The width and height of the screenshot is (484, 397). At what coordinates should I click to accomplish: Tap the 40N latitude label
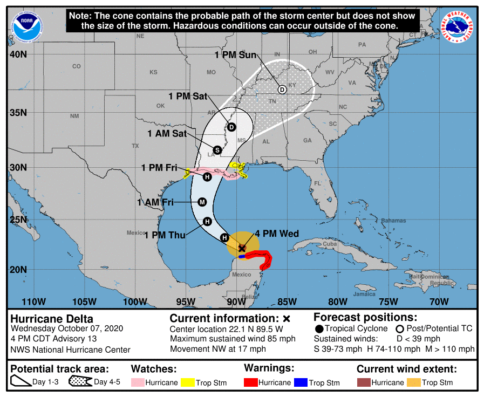pyautogui.click(x=18, y=54)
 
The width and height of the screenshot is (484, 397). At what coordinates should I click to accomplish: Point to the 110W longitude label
pyautogui.click(x=34, y=301)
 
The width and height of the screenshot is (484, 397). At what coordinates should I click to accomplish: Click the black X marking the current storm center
pyautogui.click(x=242, y=248)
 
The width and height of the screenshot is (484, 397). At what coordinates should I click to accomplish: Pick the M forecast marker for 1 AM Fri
pyautogui.click(x=202, y=202)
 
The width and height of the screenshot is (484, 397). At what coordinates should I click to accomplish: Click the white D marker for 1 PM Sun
pyautogui.click(x=282, y=90)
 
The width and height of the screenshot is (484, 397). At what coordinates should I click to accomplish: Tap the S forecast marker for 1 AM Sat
pyautogui.click(x=217, y=150)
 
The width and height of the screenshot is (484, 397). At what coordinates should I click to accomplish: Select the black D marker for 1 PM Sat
pyautogui.click(x=231, y=127)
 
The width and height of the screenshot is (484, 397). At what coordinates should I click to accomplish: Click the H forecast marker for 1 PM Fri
pyautogui.click(x=207, y=176)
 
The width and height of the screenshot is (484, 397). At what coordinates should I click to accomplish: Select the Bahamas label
pyautogui.click(x=393, y=221)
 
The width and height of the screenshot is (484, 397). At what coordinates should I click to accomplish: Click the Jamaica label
pyautogui.click(x=364, y=294)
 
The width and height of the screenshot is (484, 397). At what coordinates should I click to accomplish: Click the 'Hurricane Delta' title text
pyautogui.click(x=52, y=318)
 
